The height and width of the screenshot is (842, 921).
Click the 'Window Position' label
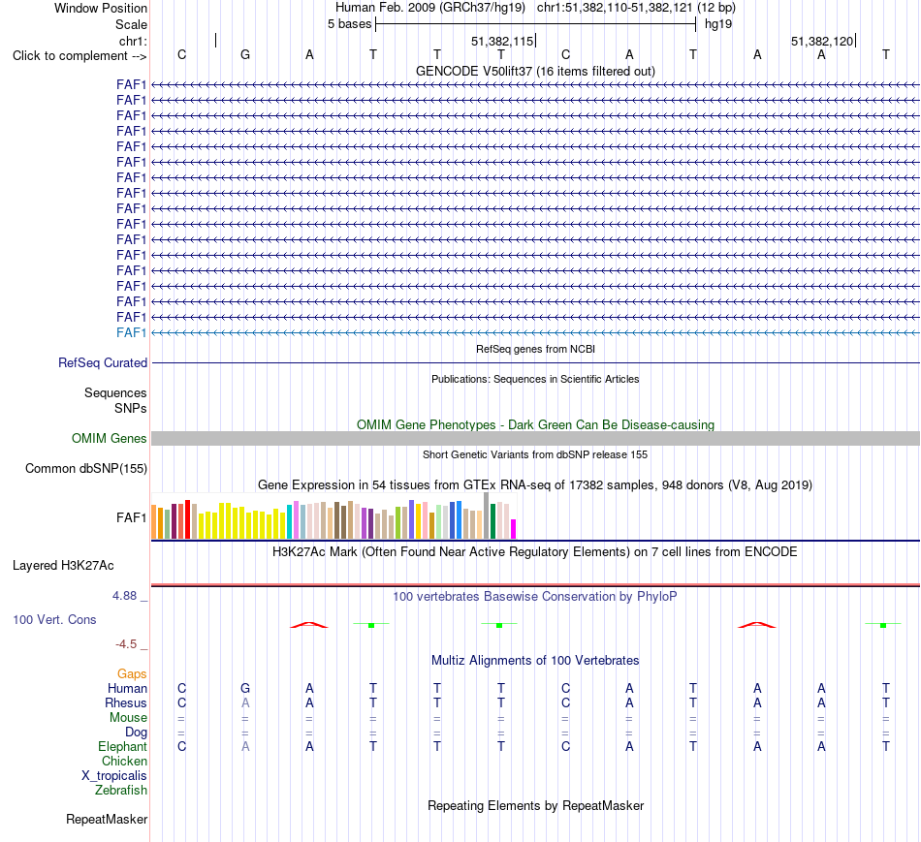(101, 8)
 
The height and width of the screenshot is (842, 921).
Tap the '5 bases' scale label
(349, 24)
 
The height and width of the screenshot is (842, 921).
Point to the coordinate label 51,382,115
(502, 41)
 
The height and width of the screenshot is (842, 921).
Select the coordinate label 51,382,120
(822, 41)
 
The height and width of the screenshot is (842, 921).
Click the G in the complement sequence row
(245, 54)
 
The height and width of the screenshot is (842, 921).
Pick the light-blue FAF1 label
(131, 333)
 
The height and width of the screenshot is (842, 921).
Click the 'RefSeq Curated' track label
(103, 363)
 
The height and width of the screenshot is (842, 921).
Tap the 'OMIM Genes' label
(110, 438)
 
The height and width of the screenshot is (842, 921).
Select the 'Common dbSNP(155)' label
(86, 469)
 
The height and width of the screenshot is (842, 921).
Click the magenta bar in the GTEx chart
(514, 529)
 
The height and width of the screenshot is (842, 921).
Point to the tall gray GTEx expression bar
(487, 515)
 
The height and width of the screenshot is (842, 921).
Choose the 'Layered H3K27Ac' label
(63, 566)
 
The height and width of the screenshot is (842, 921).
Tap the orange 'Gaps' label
(132, 674)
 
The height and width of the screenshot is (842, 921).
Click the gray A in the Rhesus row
(245, 702)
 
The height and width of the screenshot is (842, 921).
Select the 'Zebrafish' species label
(121, 791)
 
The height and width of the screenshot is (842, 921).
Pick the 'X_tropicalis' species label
(114, 776)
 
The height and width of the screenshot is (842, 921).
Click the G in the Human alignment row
(245, 688)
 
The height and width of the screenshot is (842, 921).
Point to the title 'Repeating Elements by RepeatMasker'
(536, 805)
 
